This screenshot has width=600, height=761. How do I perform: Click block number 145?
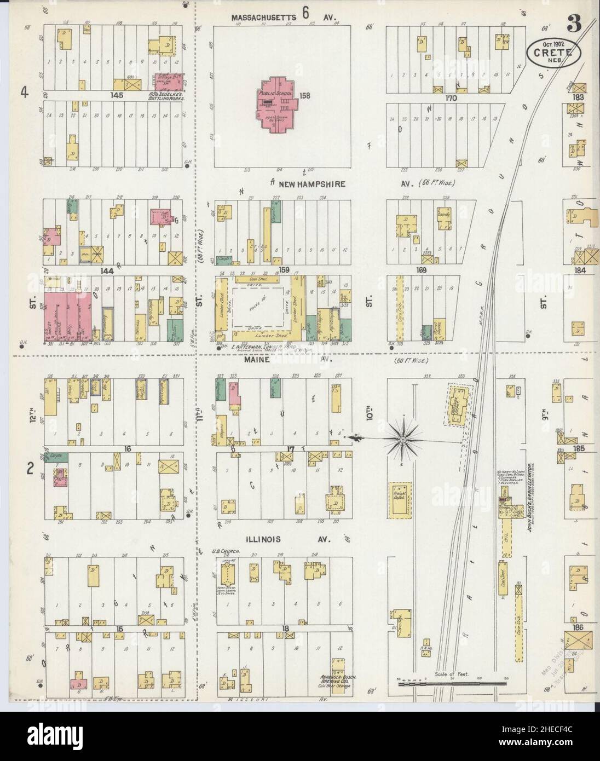point(117,95)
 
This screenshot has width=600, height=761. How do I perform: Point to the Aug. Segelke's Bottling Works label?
point(164,96)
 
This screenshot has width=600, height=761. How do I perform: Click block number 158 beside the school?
point(305,96)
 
